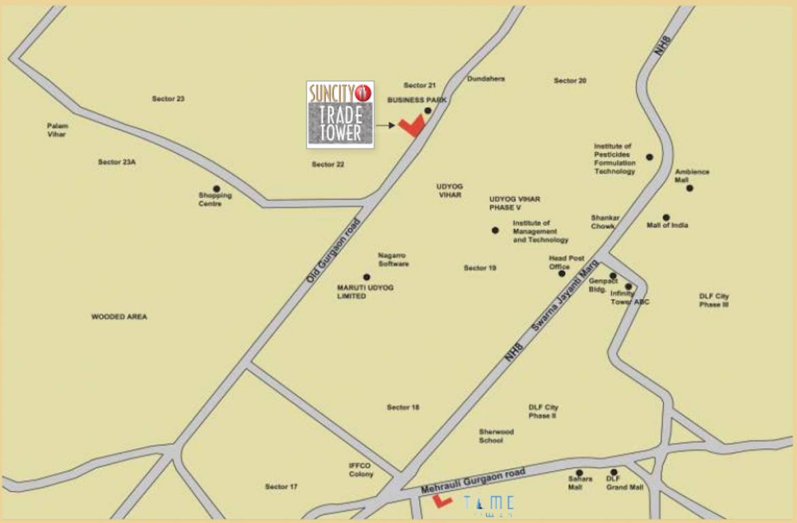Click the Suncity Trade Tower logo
(x=340, y=114)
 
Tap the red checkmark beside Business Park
(x=411, y=126)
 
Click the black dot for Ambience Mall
(x=689, y=188)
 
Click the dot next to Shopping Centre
(x=216, y=189)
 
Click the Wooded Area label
(x=119, y=317)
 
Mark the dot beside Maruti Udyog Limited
(x=366, y=277)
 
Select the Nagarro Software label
(x=393, y=259)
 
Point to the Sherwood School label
(x=496, y=436)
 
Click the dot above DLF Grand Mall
(x=614, y=472)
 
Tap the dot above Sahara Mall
(x=579, y=472)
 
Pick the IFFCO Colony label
(x=361, y=470)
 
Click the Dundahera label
(x=486, y=79)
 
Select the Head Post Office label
(x=566, y=262)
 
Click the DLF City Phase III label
(x=714, y=300)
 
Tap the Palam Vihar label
(x=57, y=130)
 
